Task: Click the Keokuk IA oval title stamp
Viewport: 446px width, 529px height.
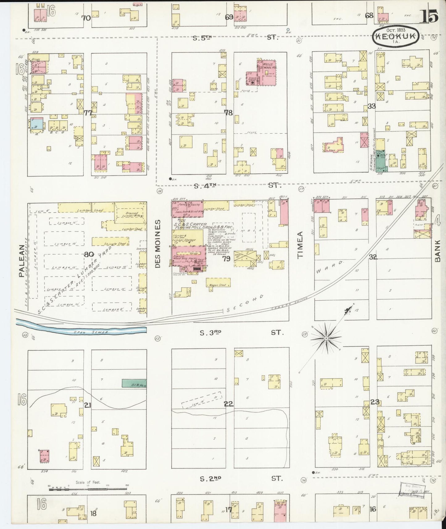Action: pyautogui.click(x=396, y=36)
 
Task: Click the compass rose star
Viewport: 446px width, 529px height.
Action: pyautogui.click(x=326, y=339)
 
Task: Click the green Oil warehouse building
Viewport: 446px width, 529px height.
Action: pyautogui.click(x=134, y=383)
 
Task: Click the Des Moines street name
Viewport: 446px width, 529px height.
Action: pyautogui.click(x=158, y=244)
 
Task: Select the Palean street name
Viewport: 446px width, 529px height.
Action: pyautogui.click(x=21, y=261)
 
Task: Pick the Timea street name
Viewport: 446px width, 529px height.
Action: pyautogui.click(x=301, y=244)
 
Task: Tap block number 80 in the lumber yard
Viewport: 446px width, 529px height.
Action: pyautogui.click(x=89, y=255)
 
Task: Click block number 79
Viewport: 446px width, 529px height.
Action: pyautogui.click(x=226, y=259)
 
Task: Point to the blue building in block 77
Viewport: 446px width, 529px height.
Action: pyautogui.click(x=36, y=125)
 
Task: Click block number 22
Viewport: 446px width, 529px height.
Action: pyautogui.click(x=228, y=404)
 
